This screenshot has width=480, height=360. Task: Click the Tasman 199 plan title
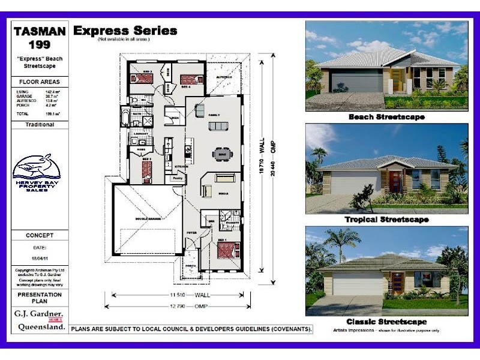click(x=40, y=37)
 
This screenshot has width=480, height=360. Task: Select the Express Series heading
click(x=125, y=31)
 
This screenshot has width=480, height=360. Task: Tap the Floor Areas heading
click(x=40, y=82)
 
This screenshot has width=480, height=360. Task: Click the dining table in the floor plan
click(x=221, y=154)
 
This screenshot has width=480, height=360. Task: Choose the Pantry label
click(x=178, y=178)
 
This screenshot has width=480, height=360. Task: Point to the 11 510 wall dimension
click(x=176, y=295)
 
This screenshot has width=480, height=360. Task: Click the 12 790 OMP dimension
click(x=176, y=306)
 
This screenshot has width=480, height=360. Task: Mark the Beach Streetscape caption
click(x=386, y=117)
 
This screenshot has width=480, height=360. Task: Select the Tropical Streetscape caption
click(x=386, y=220)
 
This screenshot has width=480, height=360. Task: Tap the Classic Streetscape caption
click(x=386, y=322)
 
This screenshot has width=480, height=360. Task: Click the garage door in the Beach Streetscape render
click(x=356, y=81)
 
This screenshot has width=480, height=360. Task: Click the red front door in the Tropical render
click(x=395, y=181)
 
